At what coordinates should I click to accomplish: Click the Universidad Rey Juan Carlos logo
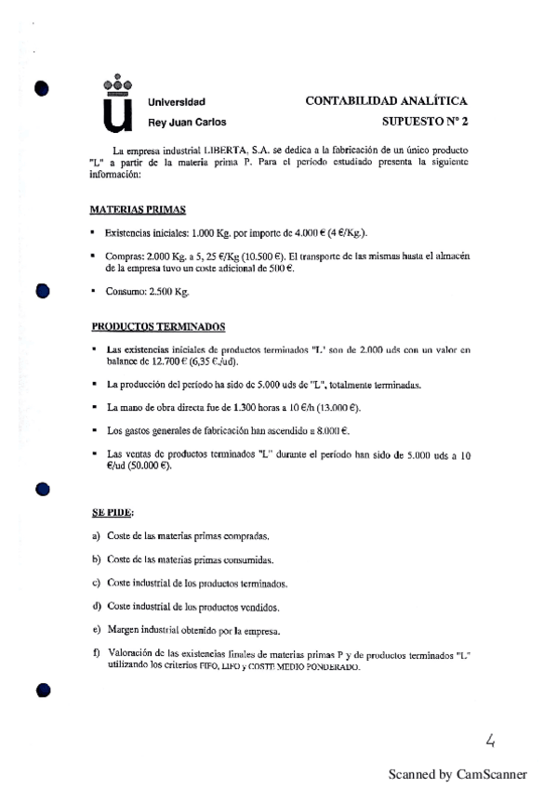click(116, 103)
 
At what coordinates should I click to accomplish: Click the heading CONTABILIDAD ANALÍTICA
click(386, 101)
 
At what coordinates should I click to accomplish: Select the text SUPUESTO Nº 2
click(425, 122)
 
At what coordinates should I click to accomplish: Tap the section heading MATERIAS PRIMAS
click(139, 210)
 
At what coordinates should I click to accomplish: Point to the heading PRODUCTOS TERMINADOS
click(157, 326)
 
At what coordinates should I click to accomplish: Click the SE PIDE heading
click(113, 512)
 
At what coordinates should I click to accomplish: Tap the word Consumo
click(125, 291)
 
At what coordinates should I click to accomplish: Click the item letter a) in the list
click(96, 536)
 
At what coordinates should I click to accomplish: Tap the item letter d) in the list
click(96, 606)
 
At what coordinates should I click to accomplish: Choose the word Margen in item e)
click(125, 629)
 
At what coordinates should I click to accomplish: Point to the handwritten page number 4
click(490, 740)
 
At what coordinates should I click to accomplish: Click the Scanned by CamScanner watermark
click(458, 773)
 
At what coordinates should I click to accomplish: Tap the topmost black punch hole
click(40, 89)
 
